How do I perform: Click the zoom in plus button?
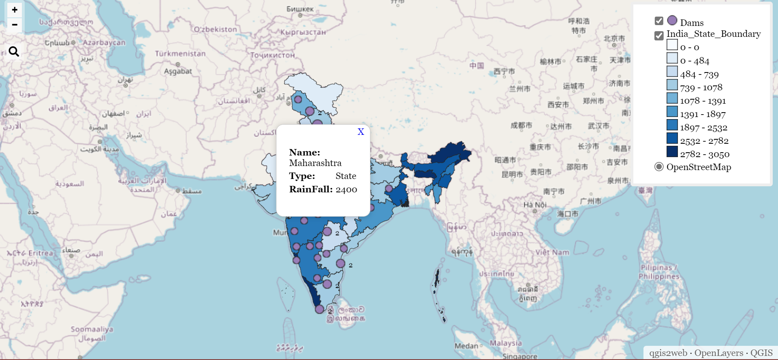tap(15, 10)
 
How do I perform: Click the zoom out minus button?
tap(15, 25)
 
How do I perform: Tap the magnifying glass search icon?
tap(14, 52)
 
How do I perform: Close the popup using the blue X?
tap(361, 132)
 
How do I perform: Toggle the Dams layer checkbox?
tap(659, 21)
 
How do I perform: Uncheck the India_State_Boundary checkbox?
tap(659, 36)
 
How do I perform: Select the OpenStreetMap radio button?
tap(659, 167)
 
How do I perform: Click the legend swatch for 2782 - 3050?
tap(672, 151)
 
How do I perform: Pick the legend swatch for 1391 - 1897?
tap(672, 111)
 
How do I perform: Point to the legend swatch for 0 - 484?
tap(672, 58)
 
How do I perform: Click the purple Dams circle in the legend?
tap(672, 20)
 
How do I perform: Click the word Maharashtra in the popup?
tap(315, 163)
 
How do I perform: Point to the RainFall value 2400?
tap(346, 190)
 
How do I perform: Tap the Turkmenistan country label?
tap(180, 53)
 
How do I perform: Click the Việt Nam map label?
tap(552, 252)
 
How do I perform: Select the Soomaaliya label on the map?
tap(92, 329)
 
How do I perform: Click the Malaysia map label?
tap(506, 343)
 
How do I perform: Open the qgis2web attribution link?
tap(668, 353)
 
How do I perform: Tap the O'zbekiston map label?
tap(215, 29)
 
